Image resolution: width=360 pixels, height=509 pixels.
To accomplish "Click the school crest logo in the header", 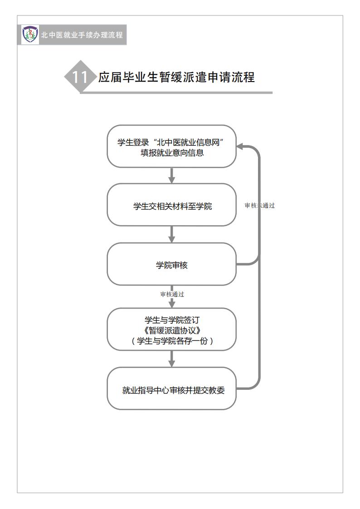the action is click(x=30, y=34).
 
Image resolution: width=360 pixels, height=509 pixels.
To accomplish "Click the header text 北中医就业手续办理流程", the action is click(x=82, y=35).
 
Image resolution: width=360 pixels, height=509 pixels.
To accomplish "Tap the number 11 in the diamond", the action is click(x=80, y=77).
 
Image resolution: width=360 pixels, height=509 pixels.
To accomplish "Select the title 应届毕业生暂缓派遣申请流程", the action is click(x=176, y=77).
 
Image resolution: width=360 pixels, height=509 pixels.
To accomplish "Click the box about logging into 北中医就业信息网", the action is click(x=172, y=146).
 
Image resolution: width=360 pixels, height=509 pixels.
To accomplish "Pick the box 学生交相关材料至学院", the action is click(x=172, y=205).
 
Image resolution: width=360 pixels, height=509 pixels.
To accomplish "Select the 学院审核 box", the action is click(x=172, y=264).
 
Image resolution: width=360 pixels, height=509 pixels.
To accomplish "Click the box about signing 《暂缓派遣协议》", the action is click(x=172, y=330).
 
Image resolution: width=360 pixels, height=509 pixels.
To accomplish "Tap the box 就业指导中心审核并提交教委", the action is click(x=172, y=388).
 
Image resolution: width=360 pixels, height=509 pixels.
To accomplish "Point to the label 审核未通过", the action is click(x=260, y=205).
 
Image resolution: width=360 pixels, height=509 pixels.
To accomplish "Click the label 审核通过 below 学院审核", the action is click(x=172, y=295).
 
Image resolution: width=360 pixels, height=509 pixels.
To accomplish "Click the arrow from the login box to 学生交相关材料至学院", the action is click(x=172, y=175).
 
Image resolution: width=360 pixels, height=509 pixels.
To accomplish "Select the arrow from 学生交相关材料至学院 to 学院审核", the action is click(x=172, y=234).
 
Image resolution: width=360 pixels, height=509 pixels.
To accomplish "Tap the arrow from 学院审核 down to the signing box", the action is click(x=172, y=297).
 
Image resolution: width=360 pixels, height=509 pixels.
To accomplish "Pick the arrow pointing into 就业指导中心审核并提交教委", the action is click(x=172, y=359).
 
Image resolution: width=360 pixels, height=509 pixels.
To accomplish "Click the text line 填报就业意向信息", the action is click(x=172, y=153).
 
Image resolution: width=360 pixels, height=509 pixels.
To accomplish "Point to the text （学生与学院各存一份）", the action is click(x=172, y=341).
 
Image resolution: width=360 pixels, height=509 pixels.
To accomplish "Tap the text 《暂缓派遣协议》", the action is click(x=172, y=330).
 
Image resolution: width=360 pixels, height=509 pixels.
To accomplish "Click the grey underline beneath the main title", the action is click(x=176, y=93).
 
